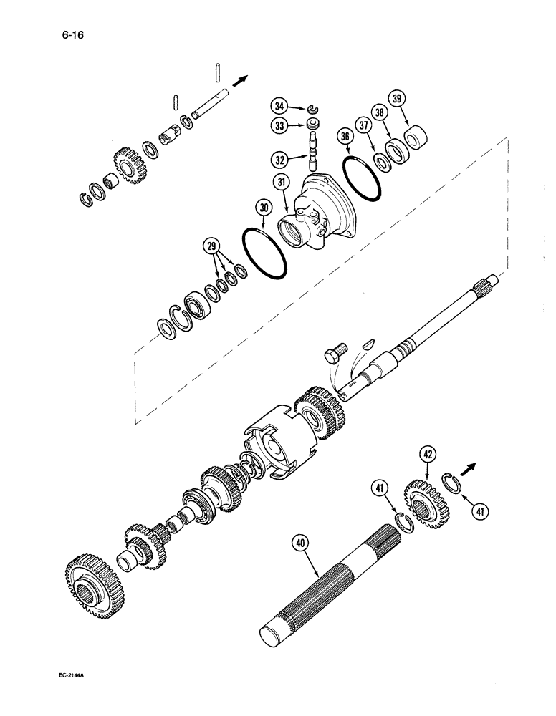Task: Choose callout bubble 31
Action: pos(281,184)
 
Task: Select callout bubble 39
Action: pos(396,97)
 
